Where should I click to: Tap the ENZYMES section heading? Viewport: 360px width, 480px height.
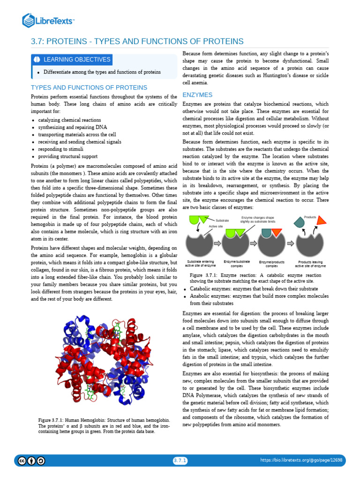[x=197, y=95]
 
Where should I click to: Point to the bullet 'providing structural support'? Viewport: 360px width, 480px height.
[x=67, y=156]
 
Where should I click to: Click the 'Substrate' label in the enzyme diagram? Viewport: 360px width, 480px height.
[x=222, y=220]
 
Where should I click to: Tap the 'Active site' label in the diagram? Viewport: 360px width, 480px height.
[x=216, y=226]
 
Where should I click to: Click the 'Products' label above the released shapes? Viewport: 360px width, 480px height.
[x=310, y=217]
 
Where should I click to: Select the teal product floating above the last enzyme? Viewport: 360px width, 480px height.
[x=298, y=223]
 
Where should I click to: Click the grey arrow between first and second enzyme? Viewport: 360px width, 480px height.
[x=217, y=243]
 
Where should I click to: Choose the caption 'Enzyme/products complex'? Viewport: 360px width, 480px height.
[x=272, y=263]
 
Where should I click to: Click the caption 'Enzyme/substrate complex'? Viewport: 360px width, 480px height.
[x=237, y=263]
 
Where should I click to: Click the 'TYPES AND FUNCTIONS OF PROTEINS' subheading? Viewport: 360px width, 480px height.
[x=89, y=88]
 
